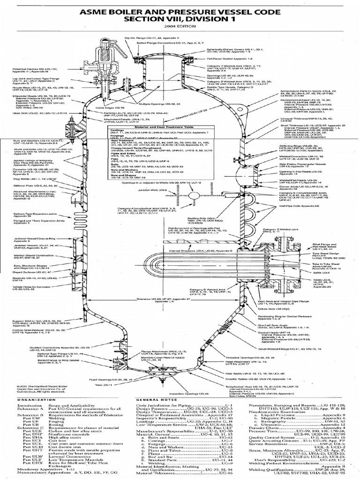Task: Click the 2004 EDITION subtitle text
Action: pyautogui.click(x=180, y=26)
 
